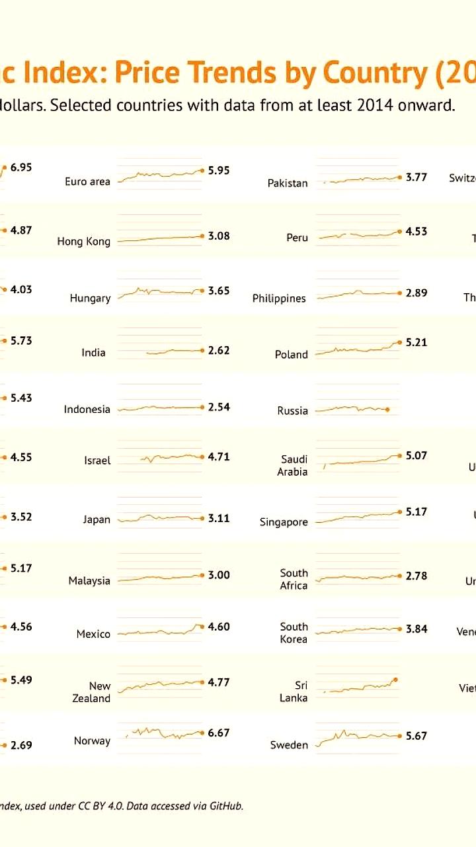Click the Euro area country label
pos(87,181)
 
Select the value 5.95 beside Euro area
pos(219,170)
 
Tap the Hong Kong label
pos(83,242)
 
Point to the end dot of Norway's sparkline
pos(202,733)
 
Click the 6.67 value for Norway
pos(219,733)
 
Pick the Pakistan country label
pos(288,183)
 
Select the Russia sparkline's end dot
pos(387,410)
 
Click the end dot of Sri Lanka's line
pos(395,679)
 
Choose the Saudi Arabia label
pos(294,465)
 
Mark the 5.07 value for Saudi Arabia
pos(416,455)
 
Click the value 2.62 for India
pos(219,350)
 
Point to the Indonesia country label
pos(87,410)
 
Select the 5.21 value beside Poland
pos(416,342)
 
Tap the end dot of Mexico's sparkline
pos(202,626)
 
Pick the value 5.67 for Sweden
pos(416,735)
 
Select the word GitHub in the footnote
pos(226,806)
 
